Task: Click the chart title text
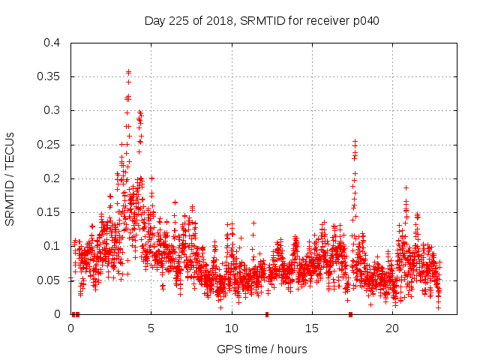pos(262,21)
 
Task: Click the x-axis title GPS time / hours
pos(262,349)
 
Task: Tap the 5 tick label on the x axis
pos(151,328)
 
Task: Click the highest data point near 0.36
pos(128,72)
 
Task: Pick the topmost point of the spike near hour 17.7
pos(355,141)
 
